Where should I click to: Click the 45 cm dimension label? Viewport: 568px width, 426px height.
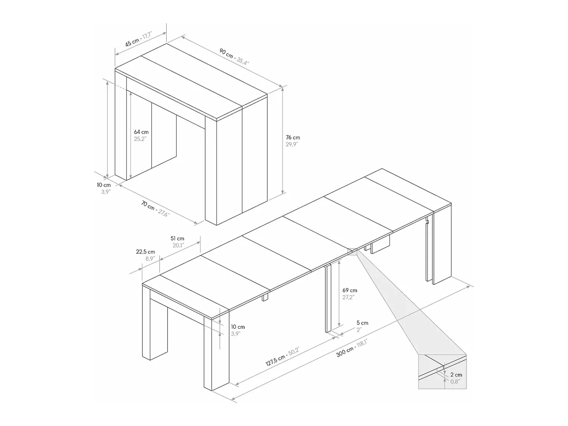click(x=132, y=42)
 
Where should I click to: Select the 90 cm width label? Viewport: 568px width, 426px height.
click(x=226, y=53)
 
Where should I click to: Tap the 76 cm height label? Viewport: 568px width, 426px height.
click(x=293, y=137)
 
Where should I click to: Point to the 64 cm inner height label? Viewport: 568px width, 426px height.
click(x=141, y=132)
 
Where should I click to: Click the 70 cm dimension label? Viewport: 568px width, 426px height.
click(x=148, y=205)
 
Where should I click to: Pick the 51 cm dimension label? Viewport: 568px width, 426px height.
click(x=177, y=238)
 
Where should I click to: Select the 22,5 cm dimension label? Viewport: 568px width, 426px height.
click(x=145, y=252)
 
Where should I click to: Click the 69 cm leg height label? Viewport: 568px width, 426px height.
click(x=350, y=290)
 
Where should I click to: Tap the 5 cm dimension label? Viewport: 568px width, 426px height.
click(x=362, y=323)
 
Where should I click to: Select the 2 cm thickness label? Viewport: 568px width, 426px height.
click(x=456, y=375)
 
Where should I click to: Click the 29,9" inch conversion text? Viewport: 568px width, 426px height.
click(x=292, y=144)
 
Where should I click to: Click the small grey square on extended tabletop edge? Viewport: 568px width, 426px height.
click(x=352, y=252)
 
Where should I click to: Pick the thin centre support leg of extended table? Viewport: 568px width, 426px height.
click(x=328, y=299)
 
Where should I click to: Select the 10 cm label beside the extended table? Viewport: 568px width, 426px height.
click(x=238, y=327)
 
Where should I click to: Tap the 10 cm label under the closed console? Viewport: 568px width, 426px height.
click(x=104, y=185)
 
